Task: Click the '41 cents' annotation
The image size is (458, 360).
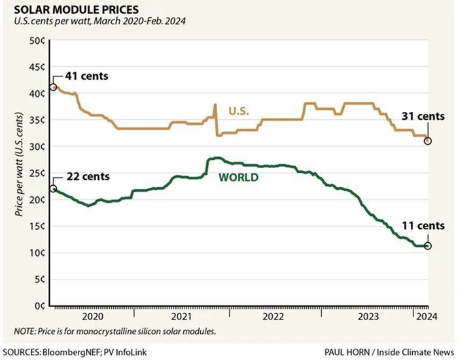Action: [x=86, y=76]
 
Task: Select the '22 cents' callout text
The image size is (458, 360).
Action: [x=87, y=177]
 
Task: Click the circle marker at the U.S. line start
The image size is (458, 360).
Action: [x=53, y=88]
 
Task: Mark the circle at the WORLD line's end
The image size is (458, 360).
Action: [x=428, y=246]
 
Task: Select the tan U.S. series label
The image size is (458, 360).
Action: [x=240, y=112]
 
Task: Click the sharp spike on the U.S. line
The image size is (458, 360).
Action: [x=215, y=105]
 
